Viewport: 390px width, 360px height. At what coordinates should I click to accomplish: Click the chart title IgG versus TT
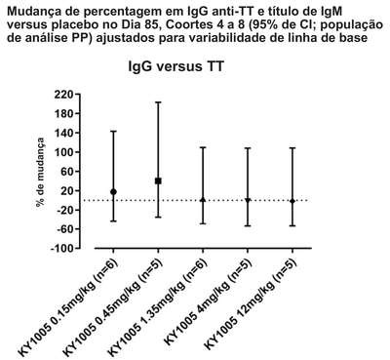(176, 66)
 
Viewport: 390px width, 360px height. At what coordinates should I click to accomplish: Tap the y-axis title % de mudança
(41, 173)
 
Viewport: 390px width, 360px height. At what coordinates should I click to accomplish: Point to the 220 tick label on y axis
(66, 95)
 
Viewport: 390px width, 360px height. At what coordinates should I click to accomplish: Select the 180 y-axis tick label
(66, 113)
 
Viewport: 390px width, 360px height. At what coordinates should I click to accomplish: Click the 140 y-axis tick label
(66, 133)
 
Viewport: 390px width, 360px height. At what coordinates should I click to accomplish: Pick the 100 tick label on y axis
(66, 152)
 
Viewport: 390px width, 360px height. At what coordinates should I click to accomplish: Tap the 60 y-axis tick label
(70, 172)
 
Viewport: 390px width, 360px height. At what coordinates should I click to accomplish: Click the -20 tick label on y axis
(67, 210)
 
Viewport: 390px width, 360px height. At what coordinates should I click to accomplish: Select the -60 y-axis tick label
(67, 229)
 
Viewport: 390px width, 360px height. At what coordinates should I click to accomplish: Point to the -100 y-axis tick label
(64, 248)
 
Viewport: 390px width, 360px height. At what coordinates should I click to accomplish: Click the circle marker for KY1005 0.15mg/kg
(113, 192)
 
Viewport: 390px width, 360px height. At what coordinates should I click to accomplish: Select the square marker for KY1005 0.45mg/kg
(158, 180)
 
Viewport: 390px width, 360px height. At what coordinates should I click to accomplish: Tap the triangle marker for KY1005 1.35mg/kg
(203, 200)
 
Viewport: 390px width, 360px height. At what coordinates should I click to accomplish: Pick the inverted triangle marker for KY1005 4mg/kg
(248, 200)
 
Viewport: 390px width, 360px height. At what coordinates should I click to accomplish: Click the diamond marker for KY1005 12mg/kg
(292, 201)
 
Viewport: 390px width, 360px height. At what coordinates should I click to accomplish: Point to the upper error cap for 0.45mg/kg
(158, 102)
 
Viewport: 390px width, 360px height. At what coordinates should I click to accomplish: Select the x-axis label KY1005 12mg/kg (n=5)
(251, 304)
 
